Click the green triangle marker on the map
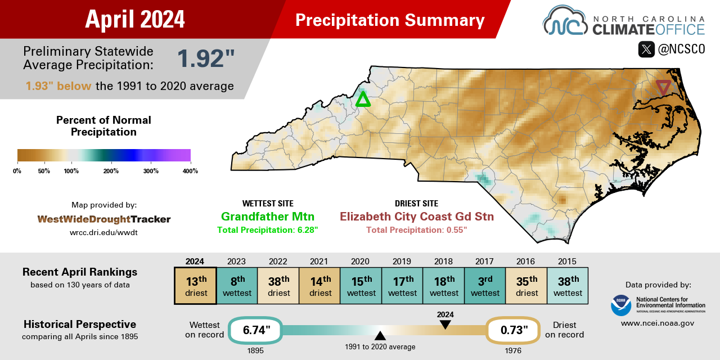363,100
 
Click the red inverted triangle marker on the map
663,87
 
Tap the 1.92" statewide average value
205,59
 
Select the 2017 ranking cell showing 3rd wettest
484,286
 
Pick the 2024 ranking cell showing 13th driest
195,286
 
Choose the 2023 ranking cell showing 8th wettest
237,286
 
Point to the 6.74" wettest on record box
255,330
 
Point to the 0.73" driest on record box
513,330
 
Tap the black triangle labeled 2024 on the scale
445,325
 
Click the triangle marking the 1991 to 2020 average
380,336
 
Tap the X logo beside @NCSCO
646,49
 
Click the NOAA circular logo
621,305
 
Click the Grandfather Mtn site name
267,217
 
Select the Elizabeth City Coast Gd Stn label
416,217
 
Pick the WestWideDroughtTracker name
104,219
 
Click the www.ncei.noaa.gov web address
657,323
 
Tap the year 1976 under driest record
512,350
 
